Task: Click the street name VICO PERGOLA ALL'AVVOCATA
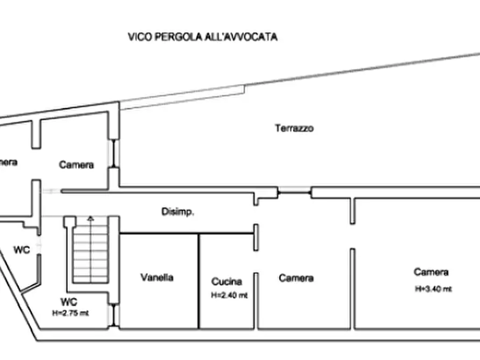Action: (x=203, y=37)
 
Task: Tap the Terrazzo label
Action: (x=294, y=128)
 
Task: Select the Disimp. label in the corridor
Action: (x=178, y=212)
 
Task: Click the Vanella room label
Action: (x=157, y=278)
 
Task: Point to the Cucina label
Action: (x=226, y=281)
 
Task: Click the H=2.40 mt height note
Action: (x=230, y=295)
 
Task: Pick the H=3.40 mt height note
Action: (x=433, y=289)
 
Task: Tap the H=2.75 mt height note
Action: (x=70, y=313)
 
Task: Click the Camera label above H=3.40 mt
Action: (x=431, y=272)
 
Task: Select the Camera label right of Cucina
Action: (x=296, y=278)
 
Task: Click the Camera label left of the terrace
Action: (x=76, y=165)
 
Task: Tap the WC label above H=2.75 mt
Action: (x=69, y=302)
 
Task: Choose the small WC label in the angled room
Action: (x=22, y=249)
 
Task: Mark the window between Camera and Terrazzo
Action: (x=114, y=154)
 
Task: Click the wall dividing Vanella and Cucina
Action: (x=199, y=280)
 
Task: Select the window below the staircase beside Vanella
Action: (x=114, y=314)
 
